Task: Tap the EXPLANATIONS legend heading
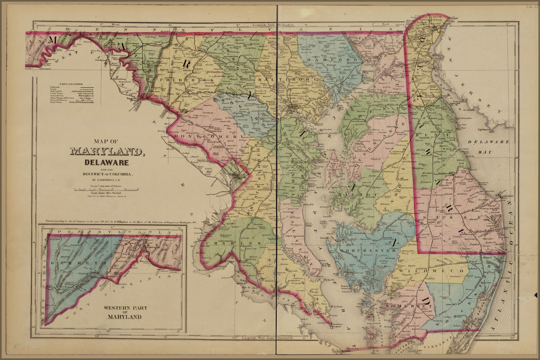click(71, 83)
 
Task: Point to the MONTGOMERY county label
click(205, 137)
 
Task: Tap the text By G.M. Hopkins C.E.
click(107, 179)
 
